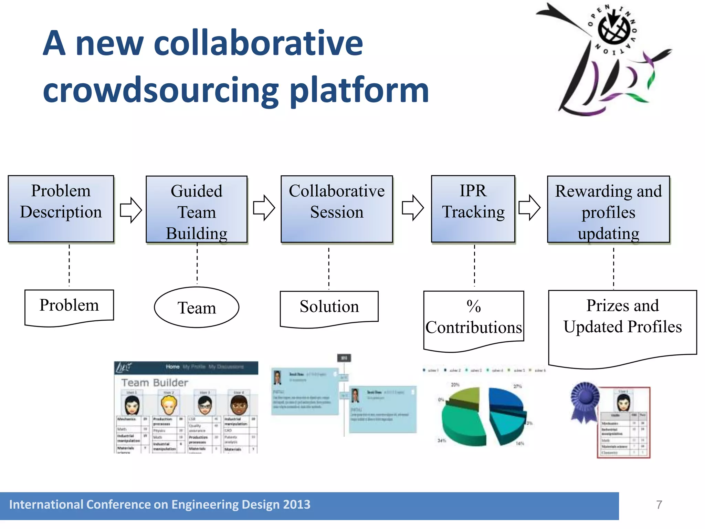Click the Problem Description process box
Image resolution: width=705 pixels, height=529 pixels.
click(61, 209)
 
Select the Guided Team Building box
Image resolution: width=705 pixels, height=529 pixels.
click(197, 209)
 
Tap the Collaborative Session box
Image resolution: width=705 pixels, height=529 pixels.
click(337, 209)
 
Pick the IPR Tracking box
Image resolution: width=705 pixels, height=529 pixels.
click(473, 209)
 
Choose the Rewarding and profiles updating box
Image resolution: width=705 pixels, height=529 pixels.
click(608, 209)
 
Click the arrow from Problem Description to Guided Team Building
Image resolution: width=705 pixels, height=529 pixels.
click(130, 210)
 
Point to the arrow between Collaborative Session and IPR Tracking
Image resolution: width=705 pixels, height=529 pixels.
click(412, 208)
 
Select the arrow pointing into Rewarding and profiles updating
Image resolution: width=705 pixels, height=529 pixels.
click(529, 208)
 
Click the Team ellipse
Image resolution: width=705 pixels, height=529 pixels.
click(197, 307)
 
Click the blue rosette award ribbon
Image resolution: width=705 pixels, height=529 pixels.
click(585, 400)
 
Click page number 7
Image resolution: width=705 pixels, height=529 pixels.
click(659, 505)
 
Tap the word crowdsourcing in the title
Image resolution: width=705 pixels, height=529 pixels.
click(160, 90)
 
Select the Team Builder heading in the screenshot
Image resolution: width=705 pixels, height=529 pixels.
click(155, 383)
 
